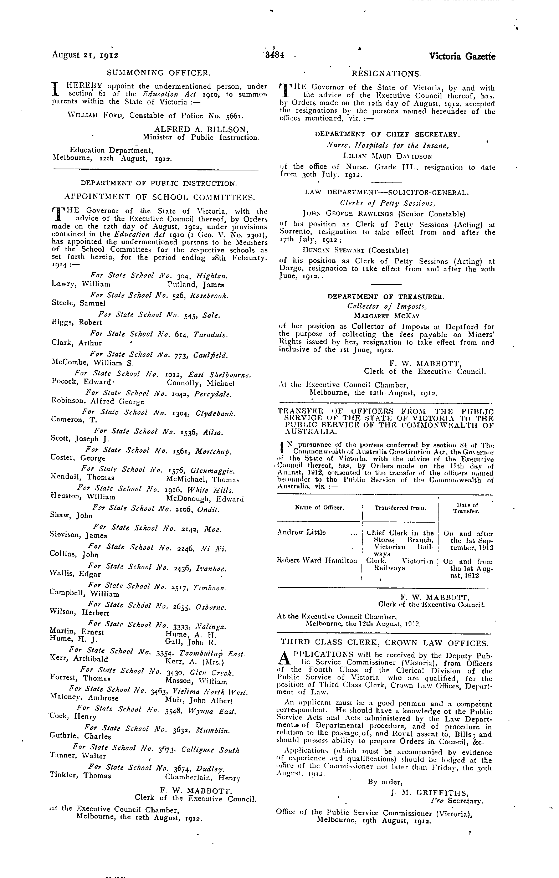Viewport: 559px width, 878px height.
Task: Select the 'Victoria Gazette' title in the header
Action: point(462,57)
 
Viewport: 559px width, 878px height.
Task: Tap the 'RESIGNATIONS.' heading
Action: point(386,74)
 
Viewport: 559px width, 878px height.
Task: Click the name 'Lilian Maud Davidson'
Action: point(388,156)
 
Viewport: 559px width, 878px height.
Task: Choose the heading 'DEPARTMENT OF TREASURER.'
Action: point(386,297)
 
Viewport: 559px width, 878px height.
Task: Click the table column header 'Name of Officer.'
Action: point(319,507)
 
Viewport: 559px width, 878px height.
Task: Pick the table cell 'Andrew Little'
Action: point(302,532)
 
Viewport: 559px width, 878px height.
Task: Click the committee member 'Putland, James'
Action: point(196,285)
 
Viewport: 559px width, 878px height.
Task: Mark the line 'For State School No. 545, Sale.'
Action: point(159,315)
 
